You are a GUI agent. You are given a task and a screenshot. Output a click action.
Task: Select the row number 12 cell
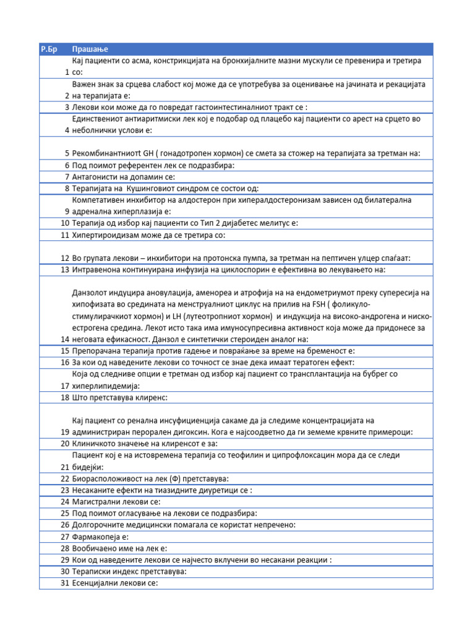click(64, 257)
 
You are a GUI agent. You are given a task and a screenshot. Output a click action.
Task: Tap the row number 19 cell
click(64, 431)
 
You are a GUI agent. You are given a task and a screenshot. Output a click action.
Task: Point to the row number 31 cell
click(64, 583)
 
